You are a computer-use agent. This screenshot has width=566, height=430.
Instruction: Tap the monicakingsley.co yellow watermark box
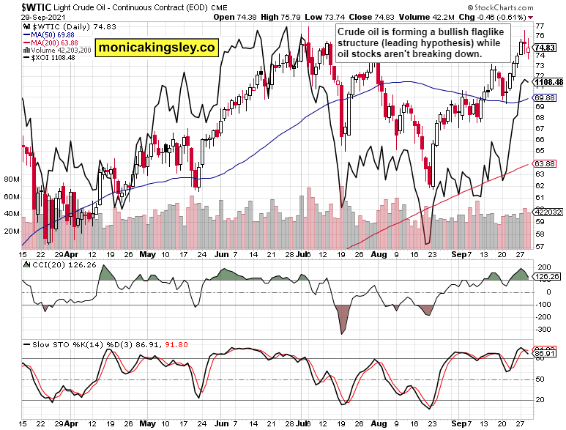157,48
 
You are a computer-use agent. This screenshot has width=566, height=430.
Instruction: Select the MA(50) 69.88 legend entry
51,34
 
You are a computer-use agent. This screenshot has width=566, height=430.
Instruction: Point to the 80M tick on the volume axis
11,179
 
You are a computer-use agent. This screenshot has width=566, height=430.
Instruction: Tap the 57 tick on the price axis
540,246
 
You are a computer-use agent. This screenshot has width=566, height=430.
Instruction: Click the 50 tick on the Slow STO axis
540,379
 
